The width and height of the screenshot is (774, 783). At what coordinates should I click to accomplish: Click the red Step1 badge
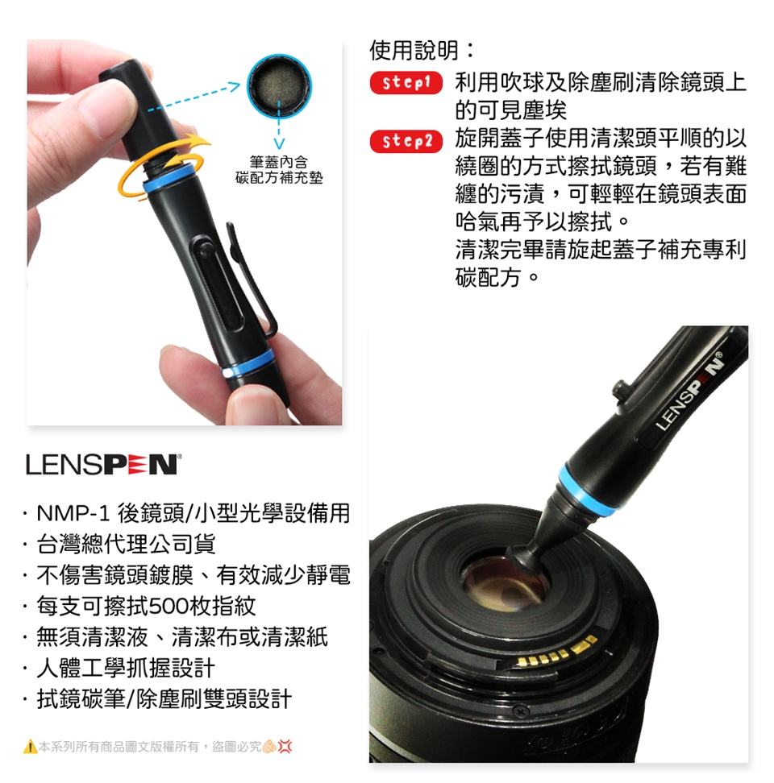(406, 83)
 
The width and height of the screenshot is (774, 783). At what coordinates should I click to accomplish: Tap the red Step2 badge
(406, 141)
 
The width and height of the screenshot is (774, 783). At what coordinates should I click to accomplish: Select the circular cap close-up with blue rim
(279, 85)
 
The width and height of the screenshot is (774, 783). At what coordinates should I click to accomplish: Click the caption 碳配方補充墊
(279, 178)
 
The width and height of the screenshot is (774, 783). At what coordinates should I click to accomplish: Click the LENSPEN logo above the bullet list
(103, 465)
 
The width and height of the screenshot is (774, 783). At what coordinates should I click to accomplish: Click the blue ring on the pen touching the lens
(579, 490)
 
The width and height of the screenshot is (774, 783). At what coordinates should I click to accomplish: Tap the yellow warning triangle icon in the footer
(30, 747)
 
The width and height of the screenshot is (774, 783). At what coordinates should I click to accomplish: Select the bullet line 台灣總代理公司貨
(126, 545)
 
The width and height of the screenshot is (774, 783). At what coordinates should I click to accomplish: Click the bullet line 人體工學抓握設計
(126, 668)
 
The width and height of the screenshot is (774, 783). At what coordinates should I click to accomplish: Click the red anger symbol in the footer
(285, 747)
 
